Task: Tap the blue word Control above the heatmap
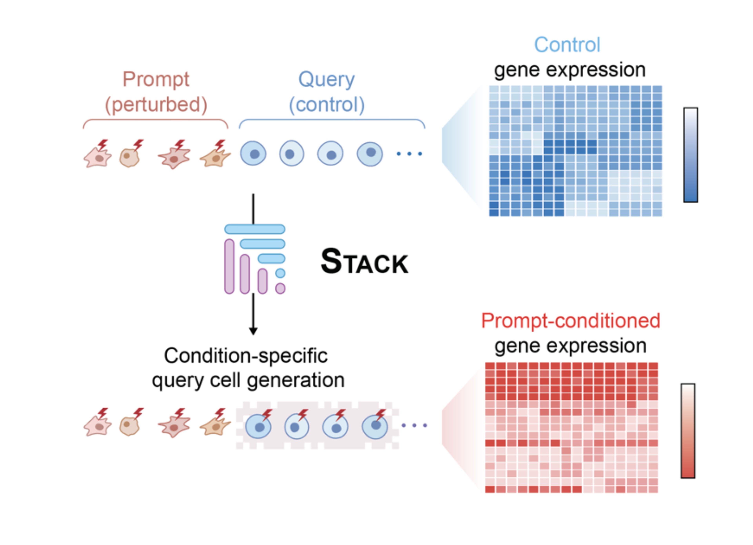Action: [x=567, y=45]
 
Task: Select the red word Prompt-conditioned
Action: [x=570, y=321]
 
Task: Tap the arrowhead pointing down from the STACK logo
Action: [x=253, y=331]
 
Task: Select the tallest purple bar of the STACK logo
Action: [x=229, y=266]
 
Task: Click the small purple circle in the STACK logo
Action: [x=280, y=288]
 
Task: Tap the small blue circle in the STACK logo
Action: [x=280, y=273]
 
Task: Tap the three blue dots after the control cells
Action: [x=409, y=153]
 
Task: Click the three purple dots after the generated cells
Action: [x=414, y=425]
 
